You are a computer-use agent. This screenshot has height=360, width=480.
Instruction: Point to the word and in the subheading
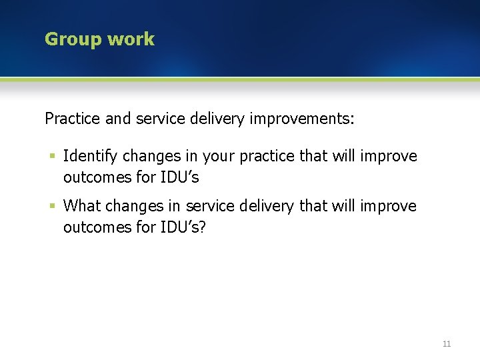118,119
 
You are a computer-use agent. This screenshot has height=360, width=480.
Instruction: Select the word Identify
90,157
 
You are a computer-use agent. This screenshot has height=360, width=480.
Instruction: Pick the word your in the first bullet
219,157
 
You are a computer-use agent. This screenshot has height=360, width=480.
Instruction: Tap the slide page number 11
447,344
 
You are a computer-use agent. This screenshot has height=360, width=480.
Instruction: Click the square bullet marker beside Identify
52,156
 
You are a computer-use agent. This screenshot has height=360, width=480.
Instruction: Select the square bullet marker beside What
52,206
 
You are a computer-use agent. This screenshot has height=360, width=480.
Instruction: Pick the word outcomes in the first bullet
93,177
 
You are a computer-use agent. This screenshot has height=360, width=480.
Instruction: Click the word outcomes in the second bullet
93,227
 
